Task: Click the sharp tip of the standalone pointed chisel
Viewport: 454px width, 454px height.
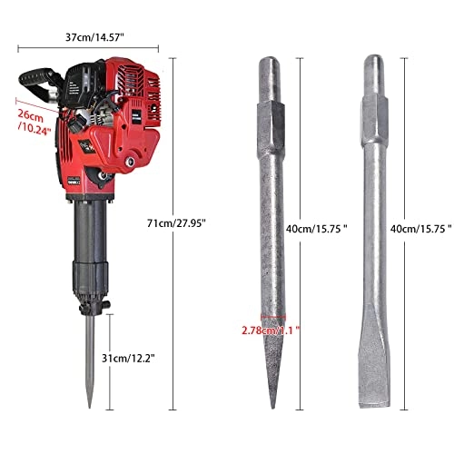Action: click(271, 410)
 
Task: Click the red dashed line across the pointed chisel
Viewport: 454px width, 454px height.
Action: click(270, 321)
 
